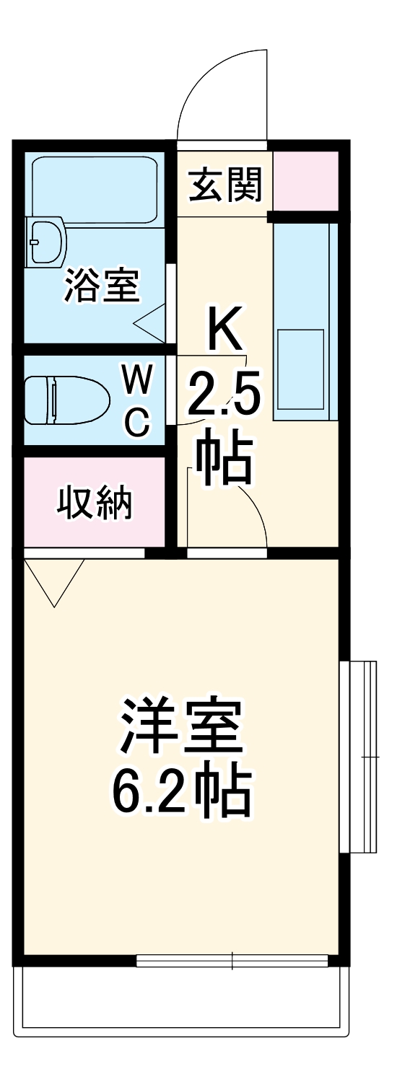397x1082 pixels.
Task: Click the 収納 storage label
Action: click(x=95, y=503)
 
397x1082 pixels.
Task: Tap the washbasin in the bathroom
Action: click(x=45, y=241)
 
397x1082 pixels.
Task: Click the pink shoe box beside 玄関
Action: click(x=305, y=178)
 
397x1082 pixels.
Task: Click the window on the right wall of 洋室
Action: click(x=359, y=756)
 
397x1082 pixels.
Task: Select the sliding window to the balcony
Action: click(x=232, y=961)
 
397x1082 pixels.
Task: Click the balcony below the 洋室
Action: click(x=180, y=999)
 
